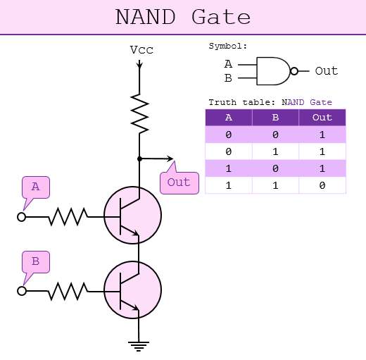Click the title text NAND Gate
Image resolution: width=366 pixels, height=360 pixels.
click(x=182, y=17)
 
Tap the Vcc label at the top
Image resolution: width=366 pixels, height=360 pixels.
click(x=141, y=50)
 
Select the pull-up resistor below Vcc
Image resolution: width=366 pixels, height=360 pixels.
click(x=140, y=112)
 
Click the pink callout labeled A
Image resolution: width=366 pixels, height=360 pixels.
click(x=35, y=187)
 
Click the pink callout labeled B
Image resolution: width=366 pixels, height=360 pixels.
click(x=35, y=261)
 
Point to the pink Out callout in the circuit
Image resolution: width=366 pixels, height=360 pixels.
click(x=179, y=182)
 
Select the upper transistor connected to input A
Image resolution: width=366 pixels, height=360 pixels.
click(x=132, y=216)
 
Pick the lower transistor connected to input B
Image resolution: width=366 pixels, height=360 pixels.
click(x=132, y=290)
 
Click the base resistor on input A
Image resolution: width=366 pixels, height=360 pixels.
click(x=68, y=217)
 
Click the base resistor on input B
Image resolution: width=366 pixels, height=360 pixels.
click(x=68, y=290)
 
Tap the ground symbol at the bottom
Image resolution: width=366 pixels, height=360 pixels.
click(x=139, y=345)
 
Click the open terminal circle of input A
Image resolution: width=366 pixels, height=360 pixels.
click(x=22, y=217)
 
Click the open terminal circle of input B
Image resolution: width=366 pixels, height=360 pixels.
click(x=22, y=290)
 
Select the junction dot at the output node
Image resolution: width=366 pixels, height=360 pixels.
click(x=139, y=159)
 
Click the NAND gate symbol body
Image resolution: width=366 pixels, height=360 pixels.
click(x=272, y=70)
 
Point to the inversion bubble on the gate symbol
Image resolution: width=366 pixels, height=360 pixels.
click(x=294, y=70)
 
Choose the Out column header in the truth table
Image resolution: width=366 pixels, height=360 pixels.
click(x=322, y=118)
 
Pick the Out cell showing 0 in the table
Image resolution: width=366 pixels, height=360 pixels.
click(x=322, y=185)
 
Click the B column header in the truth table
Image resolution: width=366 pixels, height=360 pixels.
click(x=275, y=118)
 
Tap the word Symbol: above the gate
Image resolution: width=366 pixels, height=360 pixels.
click(x=228, y=46)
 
